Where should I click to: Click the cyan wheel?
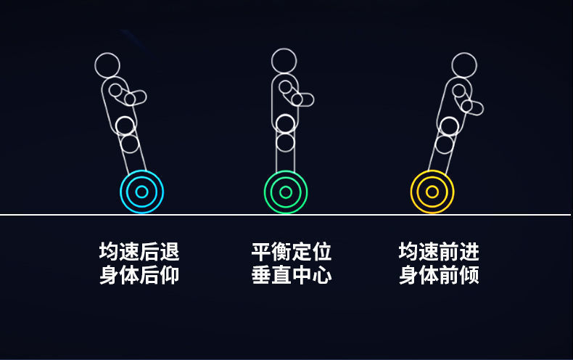click(141, 192)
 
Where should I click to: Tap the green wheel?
click(286, 192)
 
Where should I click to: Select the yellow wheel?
click(432, 192)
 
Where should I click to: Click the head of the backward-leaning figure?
click(107, 65)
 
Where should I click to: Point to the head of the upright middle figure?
click(284, 60)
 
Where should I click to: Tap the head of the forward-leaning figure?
click(464, 65)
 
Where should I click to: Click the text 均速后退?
click(139, 252)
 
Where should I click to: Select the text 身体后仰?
click(139, 276)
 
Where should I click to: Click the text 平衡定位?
click(292, 252)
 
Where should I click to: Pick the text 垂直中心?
click(292, 276)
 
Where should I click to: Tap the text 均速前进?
click(439, 252)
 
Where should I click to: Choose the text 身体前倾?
click(439, 276)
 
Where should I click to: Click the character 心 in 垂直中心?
click(322, 276)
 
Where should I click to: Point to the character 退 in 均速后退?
click(169, 252)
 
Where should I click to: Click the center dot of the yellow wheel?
click(432, 192)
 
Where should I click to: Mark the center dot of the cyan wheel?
click(141, 192)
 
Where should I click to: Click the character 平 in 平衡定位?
click(262, 252)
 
